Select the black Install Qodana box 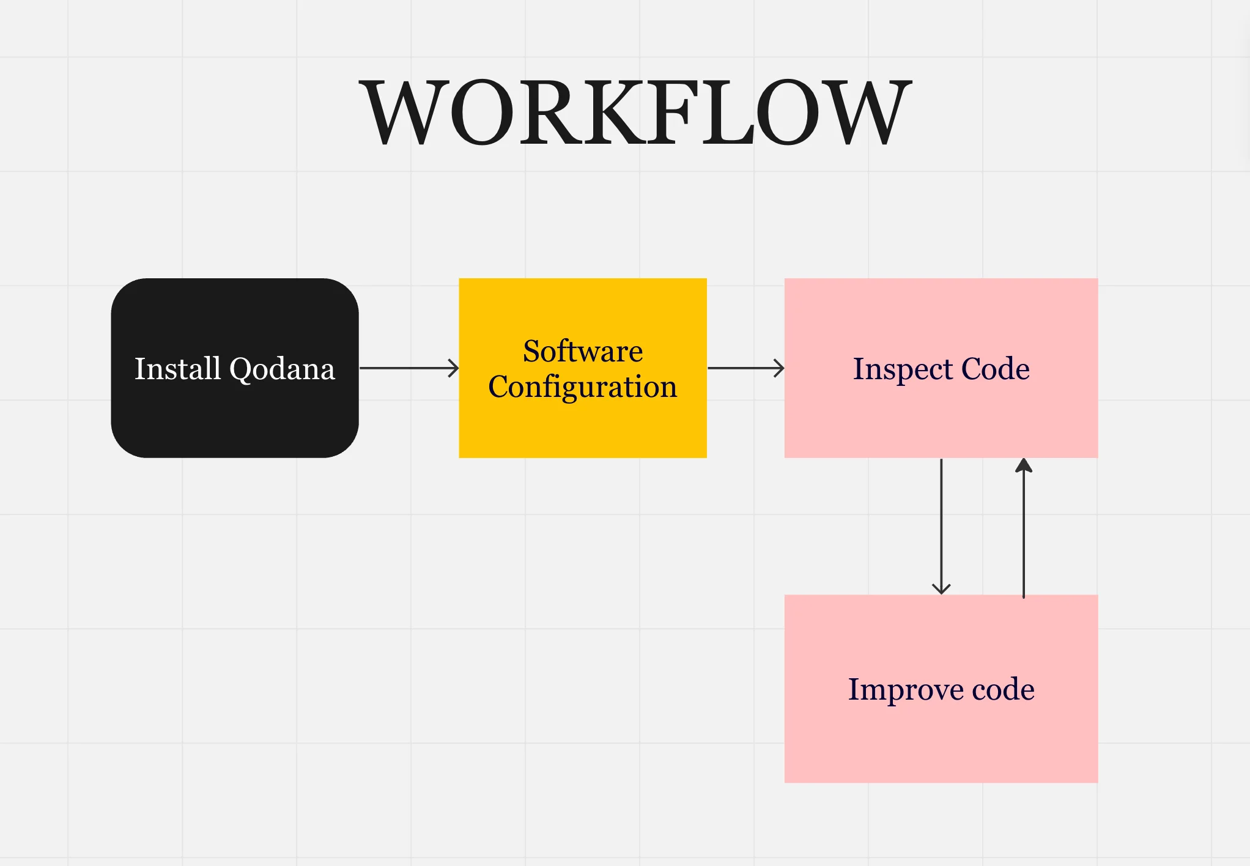[x=235, y=368]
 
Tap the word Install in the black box [x=177, y=368]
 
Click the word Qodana [x=282, y=369]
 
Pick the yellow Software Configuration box [x=583, y=368]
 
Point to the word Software [x=583, y=350]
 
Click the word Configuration [x=583, y=387]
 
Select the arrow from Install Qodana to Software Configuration [x=409, y=368]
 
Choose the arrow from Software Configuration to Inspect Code [x=746, y=368]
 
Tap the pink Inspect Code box [x=941, y=368]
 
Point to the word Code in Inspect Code [x=996, y=368]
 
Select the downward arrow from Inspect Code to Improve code [x=941, y=527]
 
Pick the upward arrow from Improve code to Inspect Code [x=1024, y=528]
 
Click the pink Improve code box [x=941, y=689]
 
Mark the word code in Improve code [x=1004, y=689]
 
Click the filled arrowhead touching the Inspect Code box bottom [x=1024, y=465]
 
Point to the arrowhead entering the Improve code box [x=941, y=589]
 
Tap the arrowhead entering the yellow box [x=454, y=368]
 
